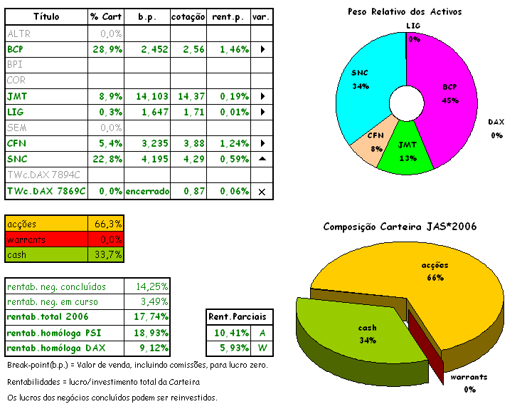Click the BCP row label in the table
[x=16, y=50]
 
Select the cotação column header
[x=188, y=16]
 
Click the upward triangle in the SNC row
[x=262, y=159]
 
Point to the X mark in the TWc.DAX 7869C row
[x=262, y=191]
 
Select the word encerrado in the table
[x=147, y=191]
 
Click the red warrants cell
[x=46, y=239]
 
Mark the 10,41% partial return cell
[x=228, y=333]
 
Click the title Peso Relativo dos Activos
[x=404, y=11]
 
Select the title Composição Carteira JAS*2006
[x=399, y=227]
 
